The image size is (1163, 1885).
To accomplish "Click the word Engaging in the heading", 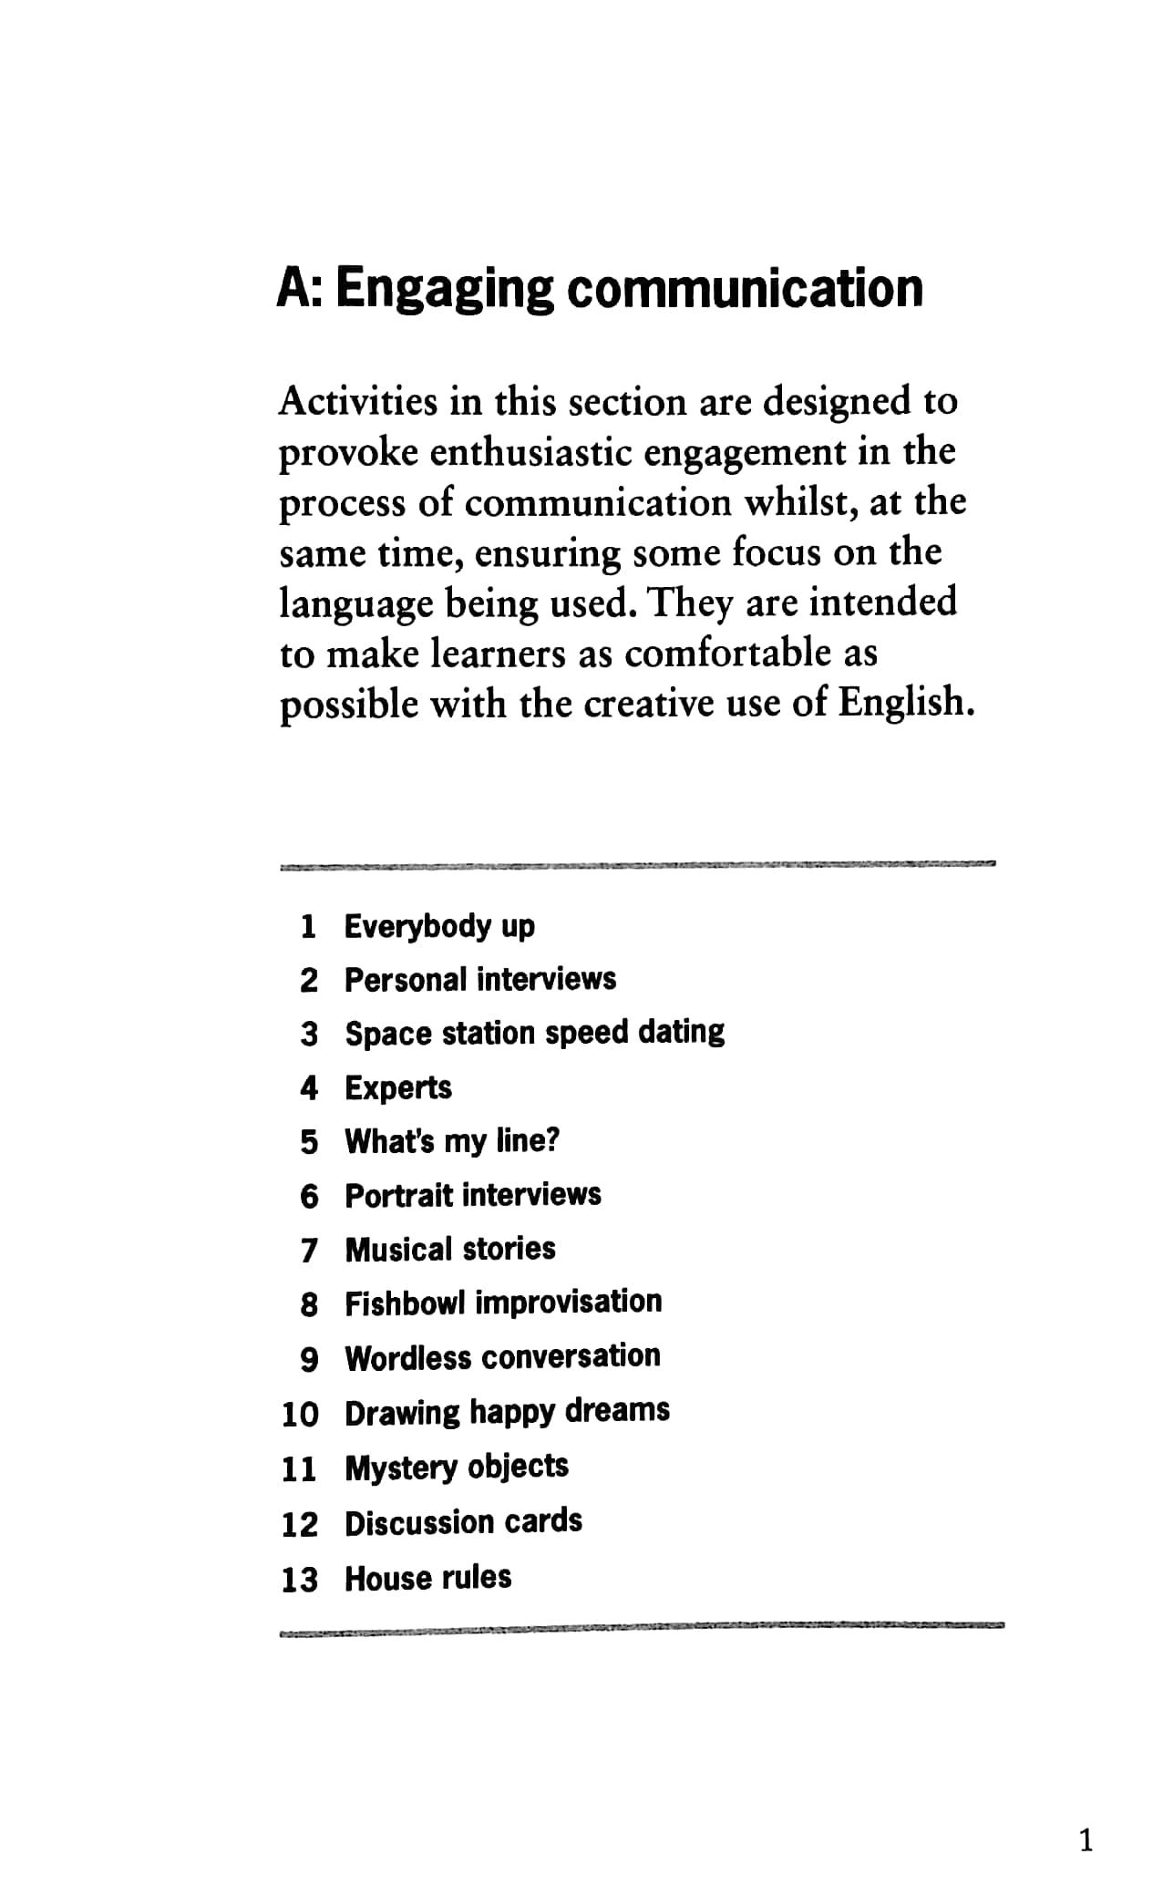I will click(445, 290).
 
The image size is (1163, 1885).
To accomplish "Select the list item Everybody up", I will click(439, 926).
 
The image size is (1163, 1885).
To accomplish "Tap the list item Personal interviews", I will click(480, 980).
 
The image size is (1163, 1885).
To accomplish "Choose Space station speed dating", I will click(534, 1033).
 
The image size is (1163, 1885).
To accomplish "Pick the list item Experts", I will click(398, 1087).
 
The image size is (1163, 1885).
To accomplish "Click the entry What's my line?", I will click(452, 1141).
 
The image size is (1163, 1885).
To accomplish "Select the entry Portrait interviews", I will click(473, 1195).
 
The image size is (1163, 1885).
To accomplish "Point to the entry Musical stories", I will click(450, 1249).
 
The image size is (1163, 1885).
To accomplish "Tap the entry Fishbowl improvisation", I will click(503, 1303).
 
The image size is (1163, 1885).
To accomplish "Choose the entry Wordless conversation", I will click(502, 1357).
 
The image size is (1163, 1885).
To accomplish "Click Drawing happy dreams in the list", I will click(507, 1412).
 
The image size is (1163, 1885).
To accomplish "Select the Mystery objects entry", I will click(457, 1468).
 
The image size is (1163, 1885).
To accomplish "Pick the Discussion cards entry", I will click(463, 1522).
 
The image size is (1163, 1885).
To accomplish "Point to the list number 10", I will click(299, 1415).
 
